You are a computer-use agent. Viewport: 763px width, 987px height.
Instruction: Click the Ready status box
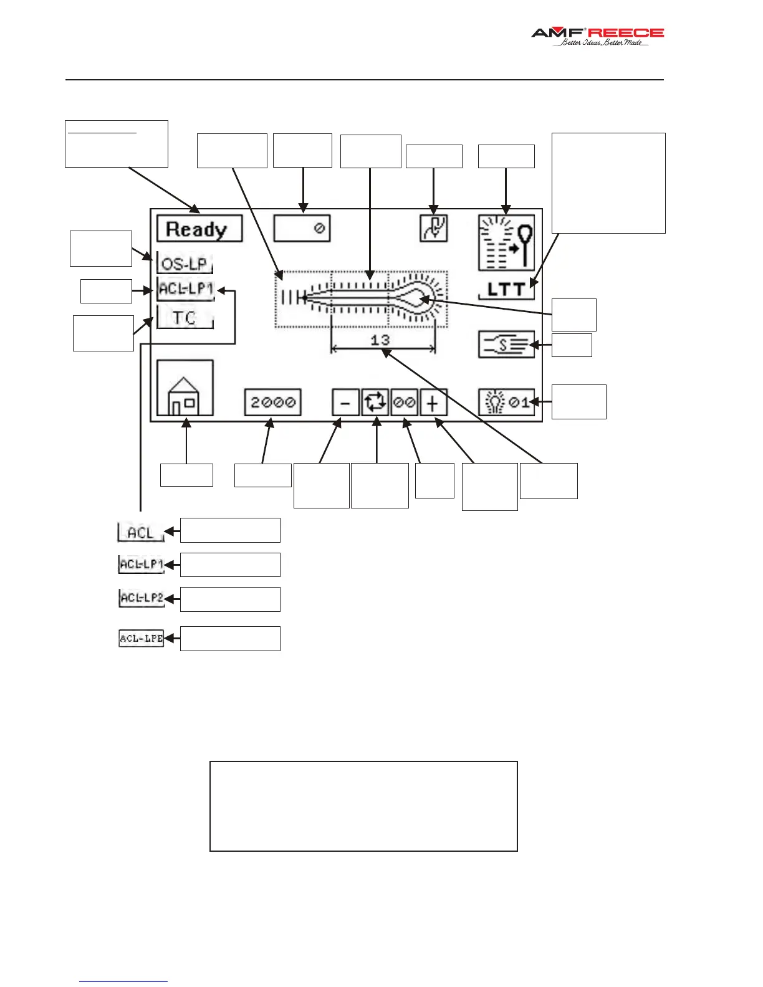point(199,229)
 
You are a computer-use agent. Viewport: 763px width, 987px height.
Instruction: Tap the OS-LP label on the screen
point(185,263)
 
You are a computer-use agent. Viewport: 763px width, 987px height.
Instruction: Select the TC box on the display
point(185,318)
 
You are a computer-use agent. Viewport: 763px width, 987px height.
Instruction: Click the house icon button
point(185,388)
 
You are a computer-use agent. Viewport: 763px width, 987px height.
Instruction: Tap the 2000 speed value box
point(272,403)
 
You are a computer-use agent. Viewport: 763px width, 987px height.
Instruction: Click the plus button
point(433,403)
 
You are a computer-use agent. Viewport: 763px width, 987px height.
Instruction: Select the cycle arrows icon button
point(375,403)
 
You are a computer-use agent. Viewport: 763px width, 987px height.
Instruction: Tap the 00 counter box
point(404,403)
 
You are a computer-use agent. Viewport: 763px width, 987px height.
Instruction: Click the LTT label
point(506,289)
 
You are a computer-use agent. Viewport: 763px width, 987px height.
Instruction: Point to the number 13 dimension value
point(380,340)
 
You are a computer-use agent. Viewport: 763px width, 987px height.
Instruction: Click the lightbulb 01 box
point(506,403)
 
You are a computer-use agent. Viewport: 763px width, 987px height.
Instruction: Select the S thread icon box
point(506,344)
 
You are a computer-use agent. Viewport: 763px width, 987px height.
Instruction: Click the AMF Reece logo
point(597,36)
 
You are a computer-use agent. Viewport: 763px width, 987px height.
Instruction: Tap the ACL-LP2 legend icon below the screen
point(142,598)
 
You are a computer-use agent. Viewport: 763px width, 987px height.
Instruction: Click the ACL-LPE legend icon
point(142,638)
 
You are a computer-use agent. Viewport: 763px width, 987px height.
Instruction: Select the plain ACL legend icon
point(141,533)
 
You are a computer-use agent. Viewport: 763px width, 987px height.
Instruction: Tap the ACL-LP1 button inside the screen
point(186,290)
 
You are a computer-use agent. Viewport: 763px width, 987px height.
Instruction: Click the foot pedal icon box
point(433,229)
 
